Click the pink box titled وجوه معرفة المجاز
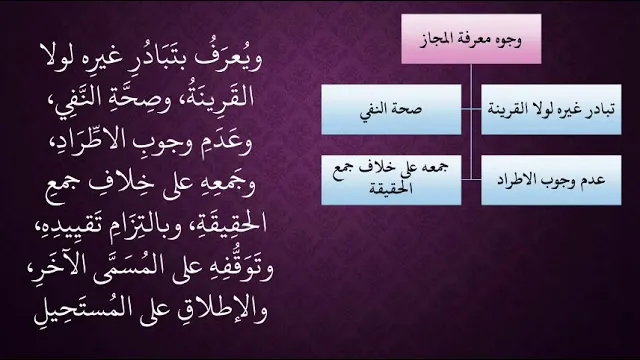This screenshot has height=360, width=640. coord(471,39)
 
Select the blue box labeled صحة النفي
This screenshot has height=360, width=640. coord(391,109)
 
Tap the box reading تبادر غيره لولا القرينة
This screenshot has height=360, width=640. coord(551,109)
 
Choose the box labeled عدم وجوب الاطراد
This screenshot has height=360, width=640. coord(551,180)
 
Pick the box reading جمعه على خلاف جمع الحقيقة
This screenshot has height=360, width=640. coord(391,180)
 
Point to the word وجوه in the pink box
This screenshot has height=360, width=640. coord(508,41)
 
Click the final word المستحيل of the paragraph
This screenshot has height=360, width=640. coord(72,309)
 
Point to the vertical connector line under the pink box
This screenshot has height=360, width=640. coord(471,122)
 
